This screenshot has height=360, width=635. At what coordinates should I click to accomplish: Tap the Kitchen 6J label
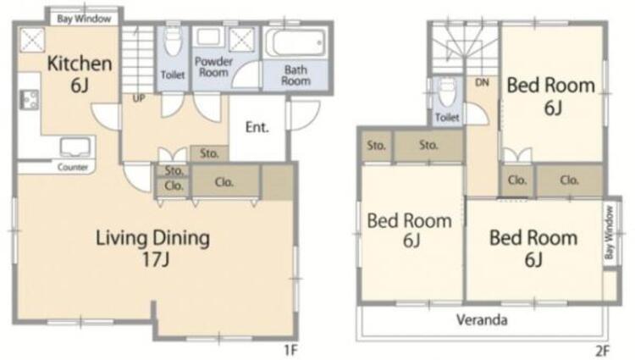[x=79, y=73]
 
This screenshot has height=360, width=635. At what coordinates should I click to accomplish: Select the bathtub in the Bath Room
[x=294, y=42]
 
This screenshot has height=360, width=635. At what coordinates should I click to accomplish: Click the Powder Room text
[x=213, y=68]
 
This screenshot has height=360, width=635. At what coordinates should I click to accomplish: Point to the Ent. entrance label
[x=257, y=128]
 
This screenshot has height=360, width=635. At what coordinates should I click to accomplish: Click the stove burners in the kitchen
[x=28, y=98]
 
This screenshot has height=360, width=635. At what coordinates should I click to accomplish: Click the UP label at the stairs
[x=135, y=98]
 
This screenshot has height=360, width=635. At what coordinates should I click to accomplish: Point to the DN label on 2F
[x=482, y=82]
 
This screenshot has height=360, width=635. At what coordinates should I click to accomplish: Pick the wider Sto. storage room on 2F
[x=428, y=146]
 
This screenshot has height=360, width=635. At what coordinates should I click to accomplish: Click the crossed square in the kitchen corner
[x=32, y=38]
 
